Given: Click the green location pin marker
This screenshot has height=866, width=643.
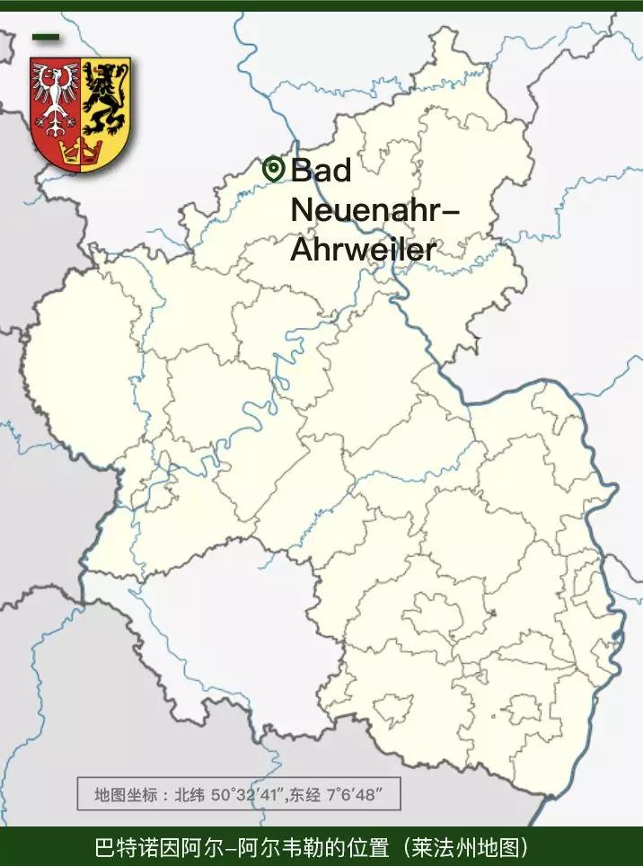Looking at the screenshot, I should click(273, 168).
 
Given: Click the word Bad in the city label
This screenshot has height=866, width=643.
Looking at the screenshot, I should click(321, 169).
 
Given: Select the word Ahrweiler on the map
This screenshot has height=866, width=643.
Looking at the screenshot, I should click(363, 249).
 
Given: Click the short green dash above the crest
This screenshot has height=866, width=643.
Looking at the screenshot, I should click(45, 38).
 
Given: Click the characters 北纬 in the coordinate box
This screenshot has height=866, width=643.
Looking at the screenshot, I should click(189, 795).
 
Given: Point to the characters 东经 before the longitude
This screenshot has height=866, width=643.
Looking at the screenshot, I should click(304, 795).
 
